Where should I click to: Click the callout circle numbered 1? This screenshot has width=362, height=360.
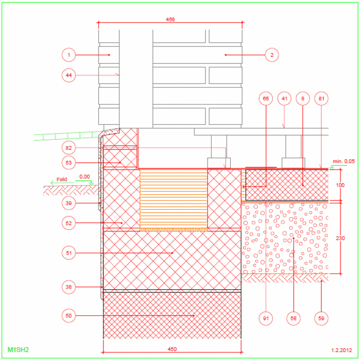tap(68, 55)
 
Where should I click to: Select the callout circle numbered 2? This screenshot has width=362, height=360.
tap(271, 55)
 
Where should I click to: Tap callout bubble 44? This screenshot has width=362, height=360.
tap(68, 75)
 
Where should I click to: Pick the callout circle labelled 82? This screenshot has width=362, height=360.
tap(68, 148)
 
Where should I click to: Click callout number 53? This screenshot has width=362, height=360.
tap(68, 163)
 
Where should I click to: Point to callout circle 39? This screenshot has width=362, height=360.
tap(68, 203)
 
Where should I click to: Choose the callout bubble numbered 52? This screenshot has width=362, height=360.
tap(68, 223)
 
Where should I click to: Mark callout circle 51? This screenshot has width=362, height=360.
tap(68, 253)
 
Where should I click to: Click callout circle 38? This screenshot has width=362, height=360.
tap(68, 287)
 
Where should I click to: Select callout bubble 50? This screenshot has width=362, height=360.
tap(68, 315)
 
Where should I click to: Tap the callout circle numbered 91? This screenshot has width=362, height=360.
tap(266, 319)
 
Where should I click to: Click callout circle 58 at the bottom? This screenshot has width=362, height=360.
tap(294, 319)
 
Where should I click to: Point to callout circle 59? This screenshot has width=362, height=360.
tap(321, 319)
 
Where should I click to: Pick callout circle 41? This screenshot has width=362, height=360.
tap(284, 98)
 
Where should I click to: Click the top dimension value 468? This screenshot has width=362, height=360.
tap(170, 20)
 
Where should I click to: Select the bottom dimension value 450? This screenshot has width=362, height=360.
tap(172, 349)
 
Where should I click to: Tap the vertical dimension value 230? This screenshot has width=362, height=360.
tap(340, 238)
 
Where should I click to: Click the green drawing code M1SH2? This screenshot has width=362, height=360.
tap(18, 350)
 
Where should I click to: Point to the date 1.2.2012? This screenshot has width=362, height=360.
tap(342, 350)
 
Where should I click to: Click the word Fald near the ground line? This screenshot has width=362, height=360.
tap(62, 179)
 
